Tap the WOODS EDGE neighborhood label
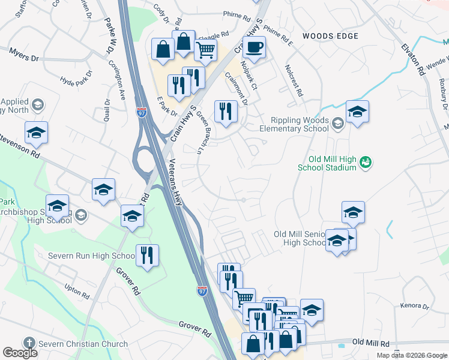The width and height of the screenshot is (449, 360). pos(330,36)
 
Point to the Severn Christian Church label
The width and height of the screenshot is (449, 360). pos(83,344)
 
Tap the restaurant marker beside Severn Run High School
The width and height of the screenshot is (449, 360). pos(146,255)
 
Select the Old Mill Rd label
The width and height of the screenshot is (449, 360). pos(370,343)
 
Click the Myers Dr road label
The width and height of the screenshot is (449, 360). pos(24,56)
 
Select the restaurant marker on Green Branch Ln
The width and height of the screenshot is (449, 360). pos(225,111)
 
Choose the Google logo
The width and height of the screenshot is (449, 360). pos(20,352)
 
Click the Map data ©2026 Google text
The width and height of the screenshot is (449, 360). pos(412,355)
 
